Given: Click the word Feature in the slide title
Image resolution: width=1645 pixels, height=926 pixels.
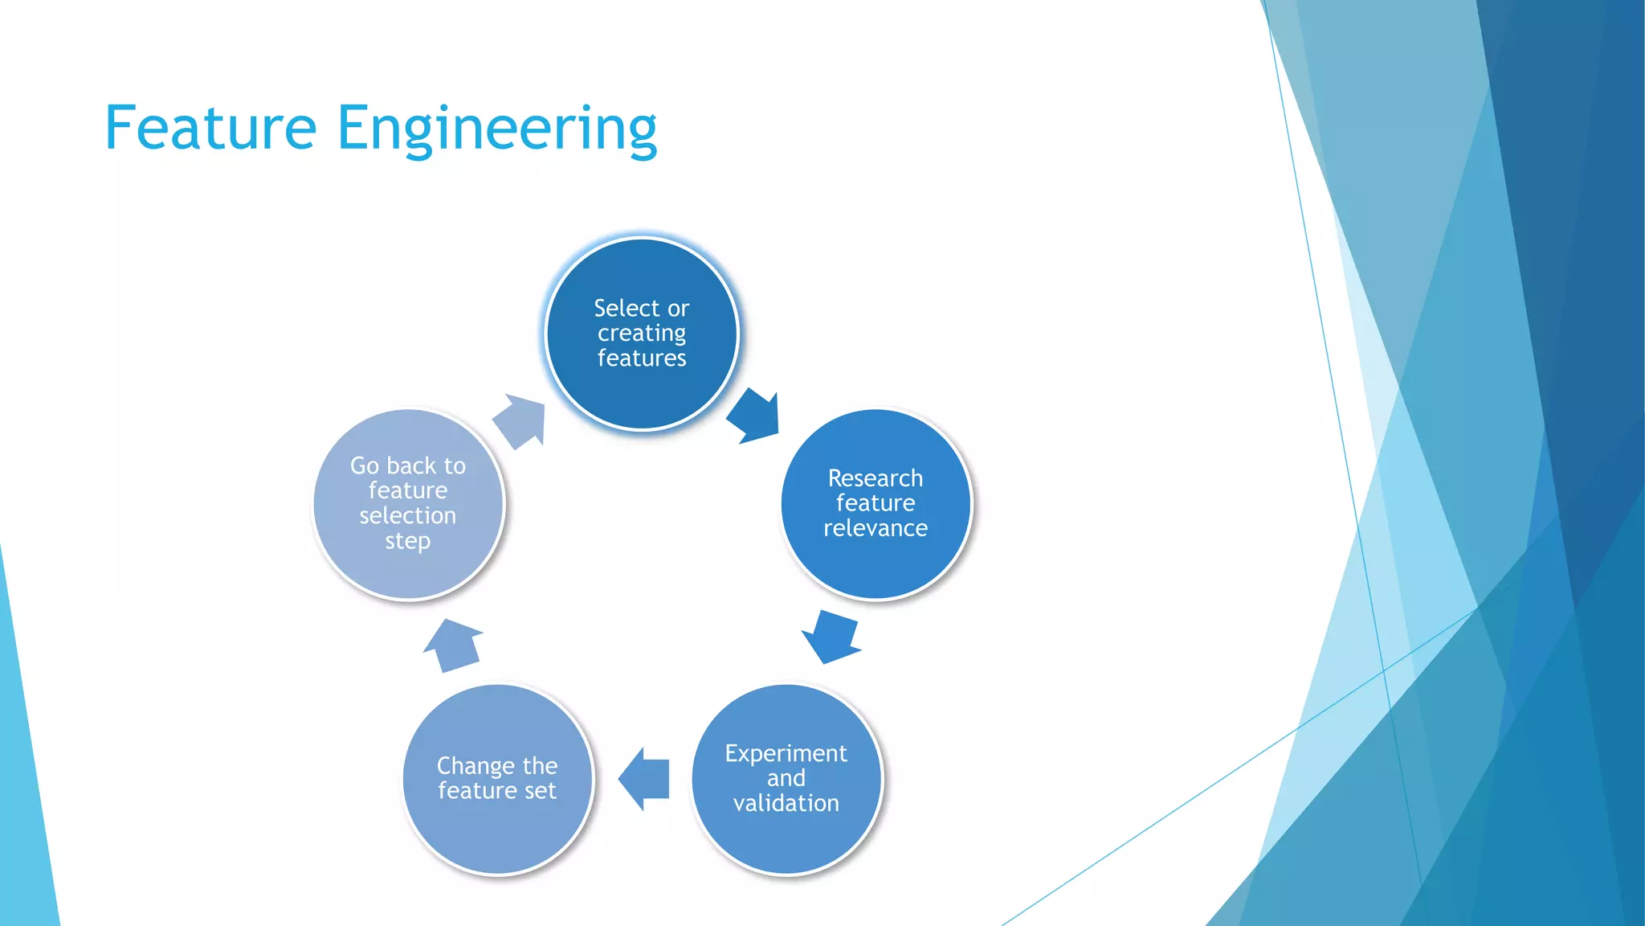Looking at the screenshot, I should click(x=210, y=129).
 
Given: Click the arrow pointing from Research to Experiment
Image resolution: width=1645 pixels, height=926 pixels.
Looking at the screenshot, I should click(x=831, y=636).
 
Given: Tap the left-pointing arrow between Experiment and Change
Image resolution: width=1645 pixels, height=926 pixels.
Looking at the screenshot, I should click(x=644, y=778).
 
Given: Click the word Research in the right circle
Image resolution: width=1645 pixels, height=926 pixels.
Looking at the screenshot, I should click(x=876, y=478).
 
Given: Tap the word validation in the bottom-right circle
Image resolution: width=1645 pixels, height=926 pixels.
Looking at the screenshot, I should click(x=786, y=803).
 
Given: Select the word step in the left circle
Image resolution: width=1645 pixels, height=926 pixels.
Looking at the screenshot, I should click(x=408, y=541).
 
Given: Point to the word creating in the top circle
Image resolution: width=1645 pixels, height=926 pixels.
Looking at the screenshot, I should click(x=641, y=334).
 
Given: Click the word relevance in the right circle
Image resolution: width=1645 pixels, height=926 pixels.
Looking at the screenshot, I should click(x=876, y=528).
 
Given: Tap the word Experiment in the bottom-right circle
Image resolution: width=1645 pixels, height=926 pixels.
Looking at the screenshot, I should click(x=786, y=753).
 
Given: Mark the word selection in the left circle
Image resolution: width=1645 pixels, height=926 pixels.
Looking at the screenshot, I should click(x=408, y=515).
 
